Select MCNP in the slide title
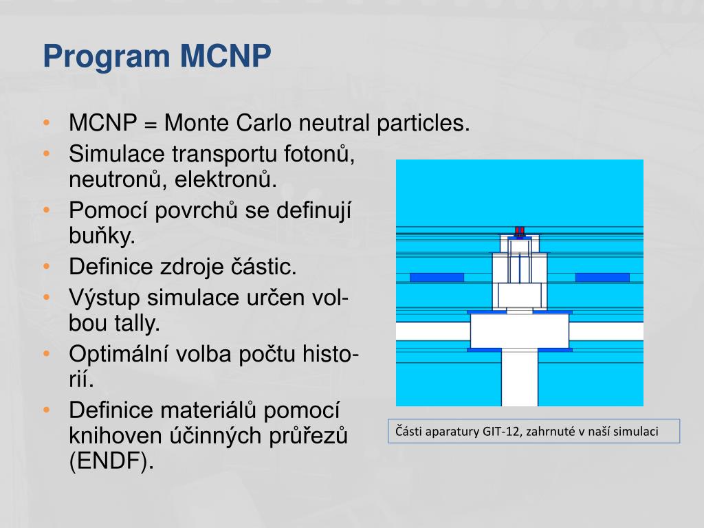pyautogui.click(x=226, y=56)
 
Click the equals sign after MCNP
pyautogui.click(x=151, y=124)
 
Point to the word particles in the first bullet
pyautogui.click(x=423, y=124)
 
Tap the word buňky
pyautogui.click(x=102, y=236)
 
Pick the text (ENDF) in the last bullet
pyautogui.click(x=110, y=462)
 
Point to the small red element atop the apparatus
pyautogui.click(x=520, y=230)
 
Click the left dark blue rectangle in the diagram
pyautogui.click(x=437, y=278)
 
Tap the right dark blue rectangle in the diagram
pyautogui.click(x=602, y=278)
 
